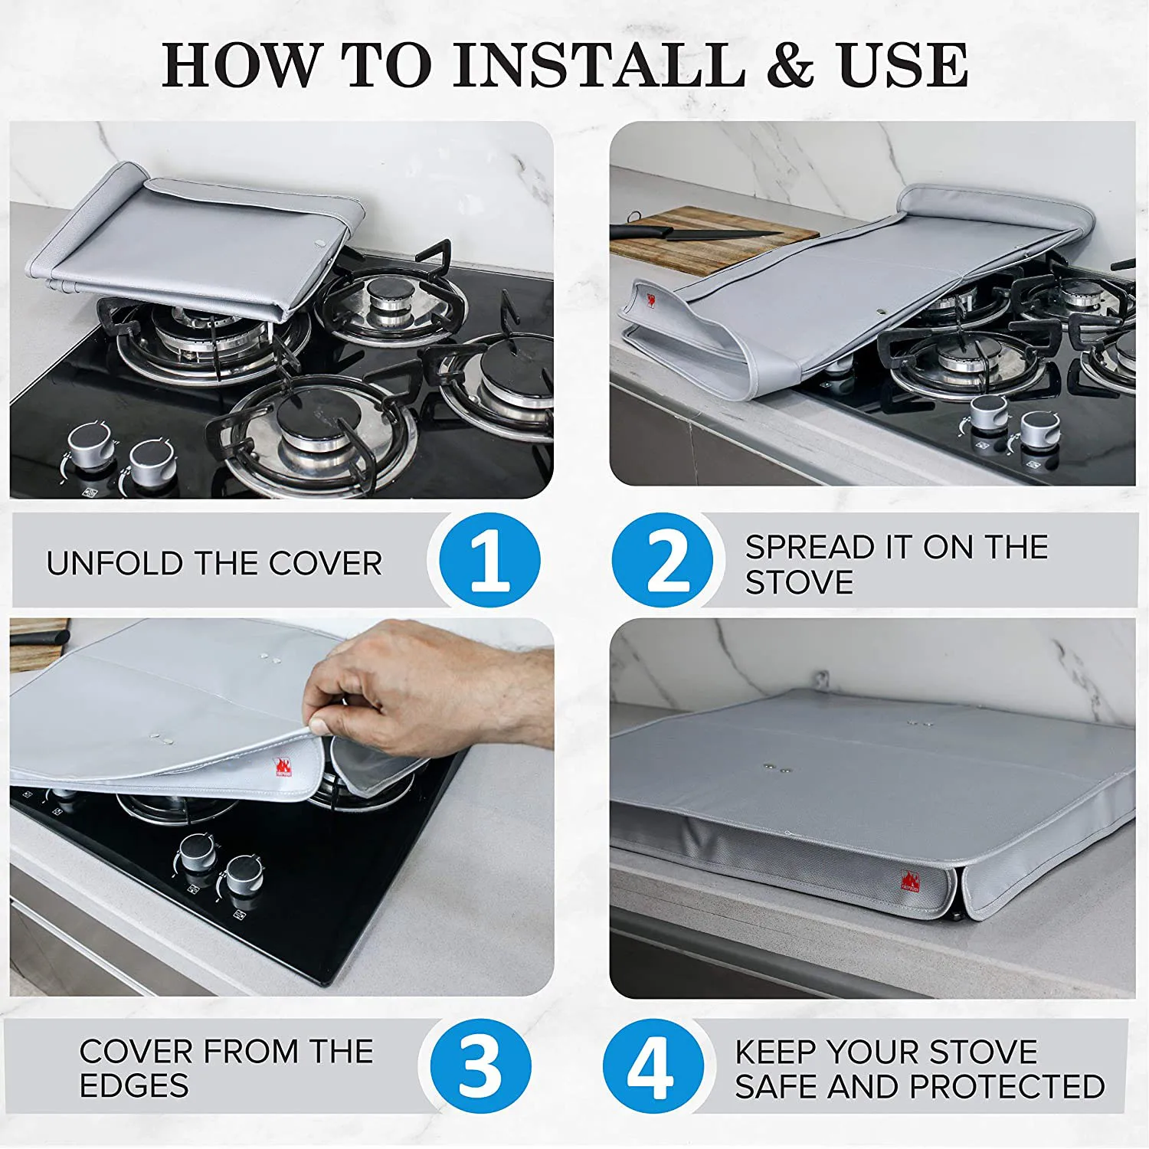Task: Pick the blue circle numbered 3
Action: [481, 1066]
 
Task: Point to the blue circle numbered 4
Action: [653, 1066]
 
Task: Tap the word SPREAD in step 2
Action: [810, 547]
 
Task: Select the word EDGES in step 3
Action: [134, 1085]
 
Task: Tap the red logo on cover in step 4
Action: [910, 881]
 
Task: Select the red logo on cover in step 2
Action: [650, 300]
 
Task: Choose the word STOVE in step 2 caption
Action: [800, 583]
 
